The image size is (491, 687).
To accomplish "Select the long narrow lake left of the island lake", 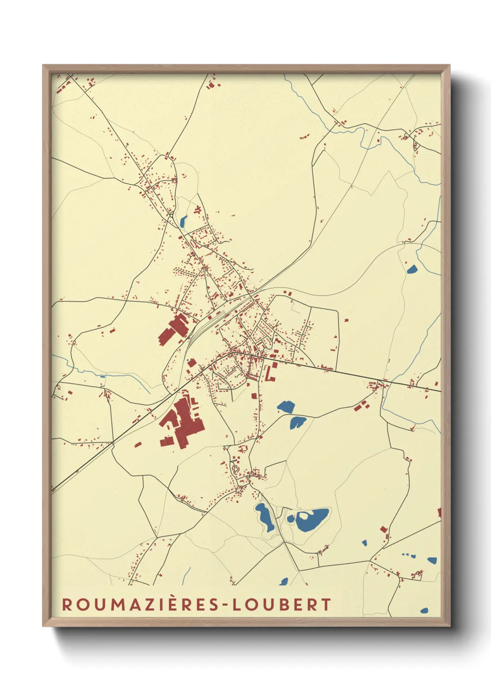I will click(x=265, y=517).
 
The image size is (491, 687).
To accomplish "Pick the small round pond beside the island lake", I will click(x=291, y=518).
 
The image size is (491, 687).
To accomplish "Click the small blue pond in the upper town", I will click(x=183, y=221).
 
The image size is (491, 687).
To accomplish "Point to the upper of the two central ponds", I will click(x=286, y=407).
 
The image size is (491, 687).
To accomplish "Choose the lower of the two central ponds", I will click(x=297, y=422).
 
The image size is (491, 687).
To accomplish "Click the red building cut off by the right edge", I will click(x=439, y=512).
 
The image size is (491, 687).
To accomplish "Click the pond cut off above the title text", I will click(x=284, y=581).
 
